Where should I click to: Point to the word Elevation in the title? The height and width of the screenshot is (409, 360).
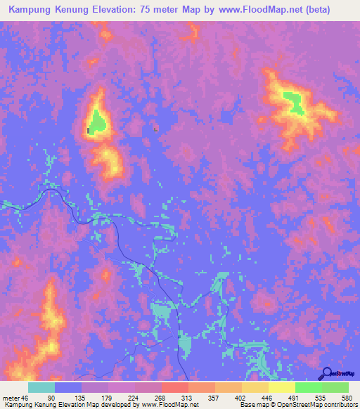tap(139, 10)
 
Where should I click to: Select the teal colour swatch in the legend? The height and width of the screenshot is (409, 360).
tap(41, 387)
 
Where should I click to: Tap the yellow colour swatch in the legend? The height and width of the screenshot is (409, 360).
tap(281, 387)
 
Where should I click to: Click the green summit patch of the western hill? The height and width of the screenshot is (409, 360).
tap(98, 122)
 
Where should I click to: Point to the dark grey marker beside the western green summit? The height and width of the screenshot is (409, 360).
tap(88, 130)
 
